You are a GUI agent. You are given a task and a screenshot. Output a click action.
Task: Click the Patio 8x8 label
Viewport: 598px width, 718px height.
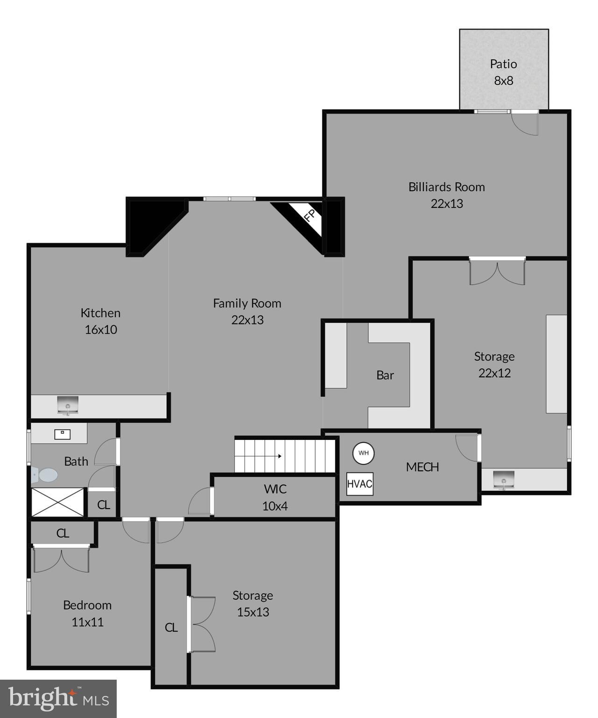(503, 72)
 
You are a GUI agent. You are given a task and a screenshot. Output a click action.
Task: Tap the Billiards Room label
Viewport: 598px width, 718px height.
(446, 195)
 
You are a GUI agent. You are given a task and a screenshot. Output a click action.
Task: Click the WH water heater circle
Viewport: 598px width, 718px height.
(363, 453)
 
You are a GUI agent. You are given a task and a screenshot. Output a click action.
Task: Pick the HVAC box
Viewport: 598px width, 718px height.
(359, 484)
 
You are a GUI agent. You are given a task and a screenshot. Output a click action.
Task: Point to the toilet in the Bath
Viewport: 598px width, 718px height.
(45, 475)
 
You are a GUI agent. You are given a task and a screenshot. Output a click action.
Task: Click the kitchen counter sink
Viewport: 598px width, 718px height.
(68, 405)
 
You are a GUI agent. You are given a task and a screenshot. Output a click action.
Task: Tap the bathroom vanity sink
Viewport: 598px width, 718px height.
(62, 434)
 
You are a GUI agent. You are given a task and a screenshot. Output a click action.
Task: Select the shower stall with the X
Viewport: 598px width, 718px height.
(57, 503)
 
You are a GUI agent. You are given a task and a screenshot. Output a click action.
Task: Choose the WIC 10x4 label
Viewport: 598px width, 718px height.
(275, 497)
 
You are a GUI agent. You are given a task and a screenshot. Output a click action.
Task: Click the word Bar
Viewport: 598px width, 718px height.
(385, 375)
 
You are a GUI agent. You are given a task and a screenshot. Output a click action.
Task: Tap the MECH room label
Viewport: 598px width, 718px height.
(422, 467)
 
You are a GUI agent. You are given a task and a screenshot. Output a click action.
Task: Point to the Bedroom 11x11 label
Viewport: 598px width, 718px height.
(87, 613)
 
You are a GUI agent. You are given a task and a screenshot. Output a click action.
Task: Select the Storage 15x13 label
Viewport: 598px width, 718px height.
(253, 603)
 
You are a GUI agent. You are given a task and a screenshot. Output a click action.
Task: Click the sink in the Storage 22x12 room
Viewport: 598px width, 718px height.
(503, 480)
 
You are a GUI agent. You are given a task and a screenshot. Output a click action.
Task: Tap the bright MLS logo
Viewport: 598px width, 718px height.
(58, 698)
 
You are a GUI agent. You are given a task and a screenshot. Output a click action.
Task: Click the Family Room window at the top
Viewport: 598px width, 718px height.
(229, 199)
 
